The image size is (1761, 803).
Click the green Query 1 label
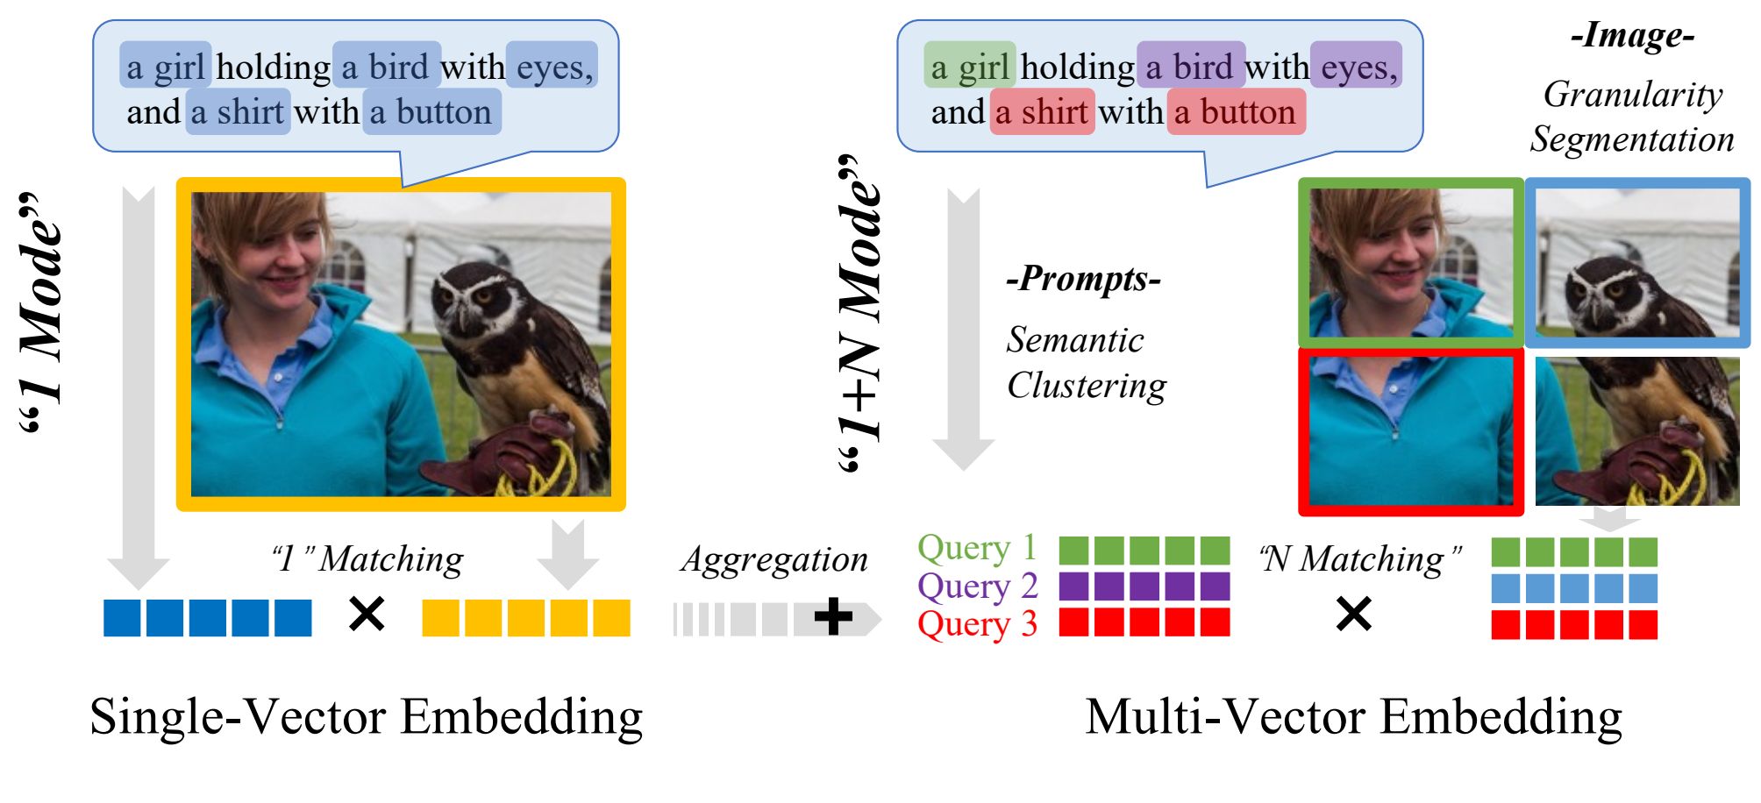(x=977, y=549)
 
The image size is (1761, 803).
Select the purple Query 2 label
(x=977, y=586)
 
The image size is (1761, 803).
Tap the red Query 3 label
(x=977, y=624)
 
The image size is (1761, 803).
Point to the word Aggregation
(x=774, y=559)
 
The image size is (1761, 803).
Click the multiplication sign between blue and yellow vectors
(x=367, y=614)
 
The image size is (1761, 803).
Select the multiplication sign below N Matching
(x=1353, y=614)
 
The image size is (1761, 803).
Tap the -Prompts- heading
(x=1083, y=279)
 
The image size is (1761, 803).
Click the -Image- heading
(x=1632, y=36)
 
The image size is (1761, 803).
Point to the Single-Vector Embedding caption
(x=367, y=717)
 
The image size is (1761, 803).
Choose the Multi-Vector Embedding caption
(x=1353, y=717)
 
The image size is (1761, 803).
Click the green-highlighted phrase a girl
(x=969, y=67)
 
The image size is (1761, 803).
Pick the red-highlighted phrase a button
(x=1235, y=112)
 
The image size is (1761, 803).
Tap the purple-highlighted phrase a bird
(x=1190, y=67)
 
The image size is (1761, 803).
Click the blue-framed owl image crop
(x=1637, y=263)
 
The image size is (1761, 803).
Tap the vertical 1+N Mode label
(x=859, y=316)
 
